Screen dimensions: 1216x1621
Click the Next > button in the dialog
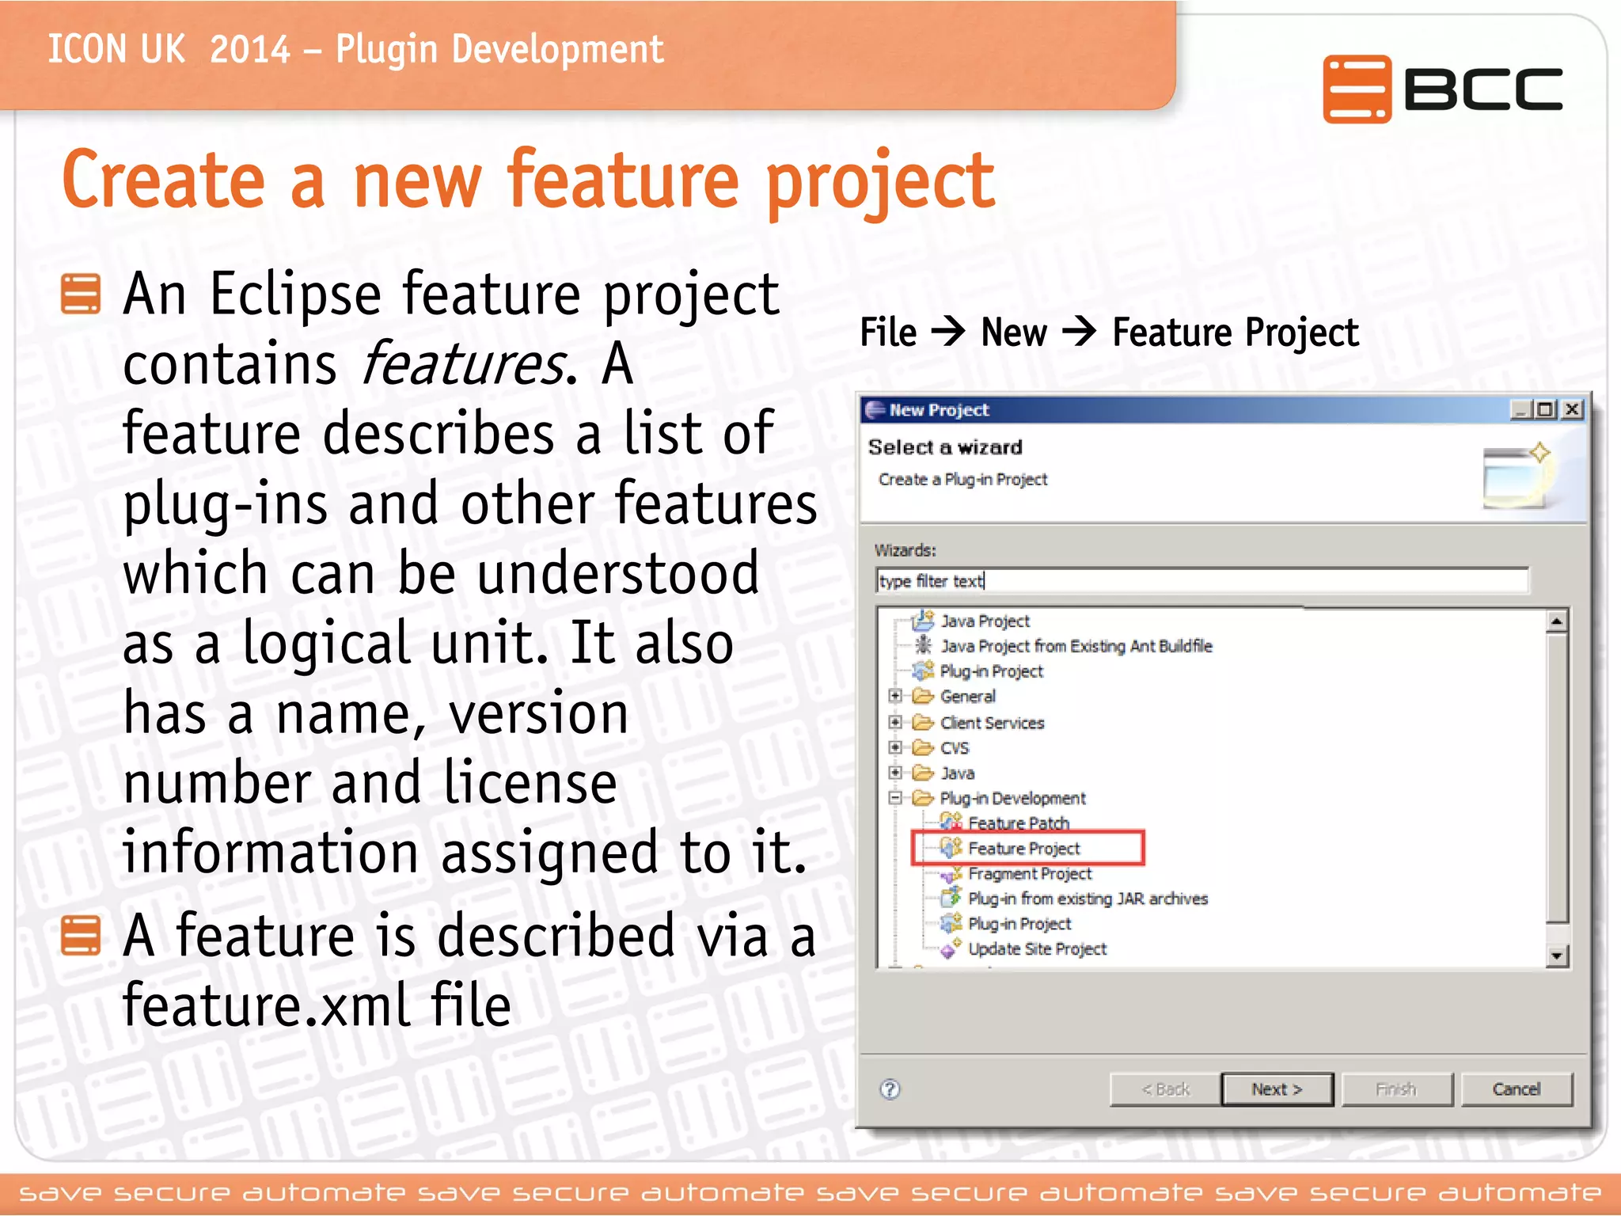click(1277, 1089)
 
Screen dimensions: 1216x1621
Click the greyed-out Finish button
click(1396, 1089)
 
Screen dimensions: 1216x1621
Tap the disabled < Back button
click(1165, 1089)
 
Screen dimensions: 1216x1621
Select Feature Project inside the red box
click(1023, 849)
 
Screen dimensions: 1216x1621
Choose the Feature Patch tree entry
click(1018, 823)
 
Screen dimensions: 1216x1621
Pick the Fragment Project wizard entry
click(1029, 873)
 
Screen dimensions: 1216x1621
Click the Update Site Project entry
click(1037, 948)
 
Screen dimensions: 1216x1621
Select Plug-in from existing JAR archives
click(1088, 899)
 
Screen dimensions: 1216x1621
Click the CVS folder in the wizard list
click(954, 748)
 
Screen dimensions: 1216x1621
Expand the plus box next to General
click(895, 696)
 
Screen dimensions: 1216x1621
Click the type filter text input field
click(1202, 581)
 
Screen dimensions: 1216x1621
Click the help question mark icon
click(890, 1089)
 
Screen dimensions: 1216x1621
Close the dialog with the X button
click(1573, 409)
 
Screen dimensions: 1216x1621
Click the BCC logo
click(1442, 89)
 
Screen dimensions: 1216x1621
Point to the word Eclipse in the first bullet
click(295, 294)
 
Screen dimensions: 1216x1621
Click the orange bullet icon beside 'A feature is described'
click(81, 936)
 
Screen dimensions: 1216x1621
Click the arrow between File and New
click(948, 331)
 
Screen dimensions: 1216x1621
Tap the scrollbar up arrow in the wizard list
click(1556, 621)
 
